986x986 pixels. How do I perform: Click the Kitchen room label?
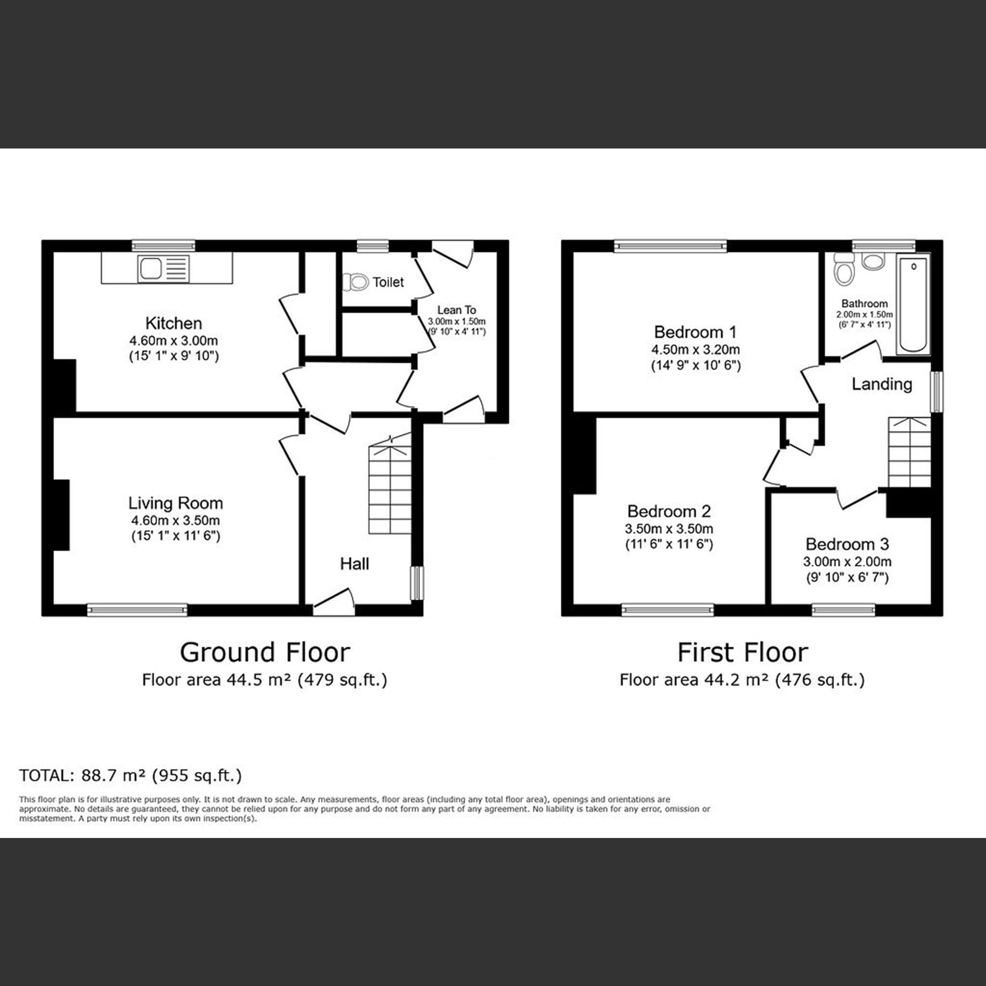pos(174,323)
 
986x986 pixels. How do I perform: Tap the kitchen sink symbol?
pos(163,269)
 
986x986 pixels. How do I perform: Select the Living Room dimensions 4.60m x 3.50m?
pos(175,521)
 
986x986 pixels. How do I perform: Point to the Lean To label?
pos(456,310)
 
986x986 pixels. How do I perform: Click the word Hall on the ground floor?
pos(354,564)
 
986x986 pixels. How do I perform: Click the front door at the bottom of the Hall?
pos(334,603)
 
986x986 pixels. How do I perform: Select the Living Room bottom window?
pos(137,609)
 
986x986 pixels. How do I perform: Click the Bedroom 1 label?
pos(695,332)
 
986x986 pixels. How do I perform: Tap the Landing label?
pos(881,384)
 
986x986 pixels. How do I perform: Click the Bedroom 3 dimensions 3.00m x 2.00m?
pos(847,561)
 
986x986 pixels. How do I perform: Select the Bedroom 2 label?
pos(669,511)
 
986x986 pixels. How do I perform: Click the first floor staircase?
pos(909,452)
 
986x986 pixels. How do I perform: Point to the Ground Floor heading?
pos(265,652)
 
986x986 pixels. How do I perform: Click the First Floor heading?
pos(742,652)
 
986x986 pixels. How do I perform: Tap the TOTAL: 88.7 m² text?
pos(130,775)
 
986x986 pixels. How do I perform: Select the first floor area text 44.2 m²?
pos(742,680)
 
